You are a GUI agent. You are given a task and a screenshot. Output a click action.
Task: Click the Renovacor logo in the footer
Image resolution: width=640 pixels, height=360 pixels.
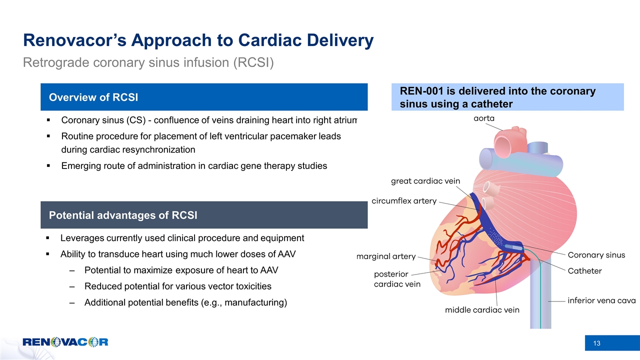pos(65,342)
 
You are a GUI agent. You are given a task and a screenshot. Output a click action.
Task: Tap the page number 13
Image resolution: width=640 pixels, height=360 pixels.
pos(596,343)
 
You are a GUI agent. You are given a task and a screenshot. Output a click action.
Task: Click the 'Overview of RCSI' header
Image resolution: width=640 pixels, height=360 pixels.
pos(93,97)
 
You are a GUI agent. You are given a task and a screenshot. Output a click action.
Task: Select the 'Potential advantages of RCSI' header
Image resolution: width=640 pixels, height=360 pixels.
pos(122,215)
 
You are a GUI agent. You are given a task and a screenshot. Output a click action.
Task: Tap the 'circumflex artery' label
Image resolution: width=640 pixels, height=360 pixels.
pos(404,201)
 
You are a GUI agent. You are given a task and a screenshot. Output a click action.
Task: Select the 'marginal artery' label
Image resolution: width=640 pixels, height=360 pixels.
pos(385,256)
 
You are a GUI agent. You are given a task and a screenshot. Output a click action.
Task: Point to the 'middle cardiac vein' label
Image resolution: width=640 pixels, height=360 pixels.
pos(482,310)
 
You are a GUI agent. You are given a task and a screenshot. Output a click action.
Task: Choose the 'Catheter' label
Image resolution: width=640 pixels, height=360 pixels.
pos(584,271)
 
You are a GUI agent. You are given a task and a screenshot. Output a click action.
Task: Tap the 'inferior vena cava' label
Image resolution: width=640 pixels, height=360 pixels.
pos(601,301)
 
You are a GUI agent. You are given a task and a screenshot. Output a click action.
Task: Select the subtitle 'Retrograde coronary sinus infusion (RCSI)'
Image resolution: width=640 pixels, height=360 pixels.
pos(148,63)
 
